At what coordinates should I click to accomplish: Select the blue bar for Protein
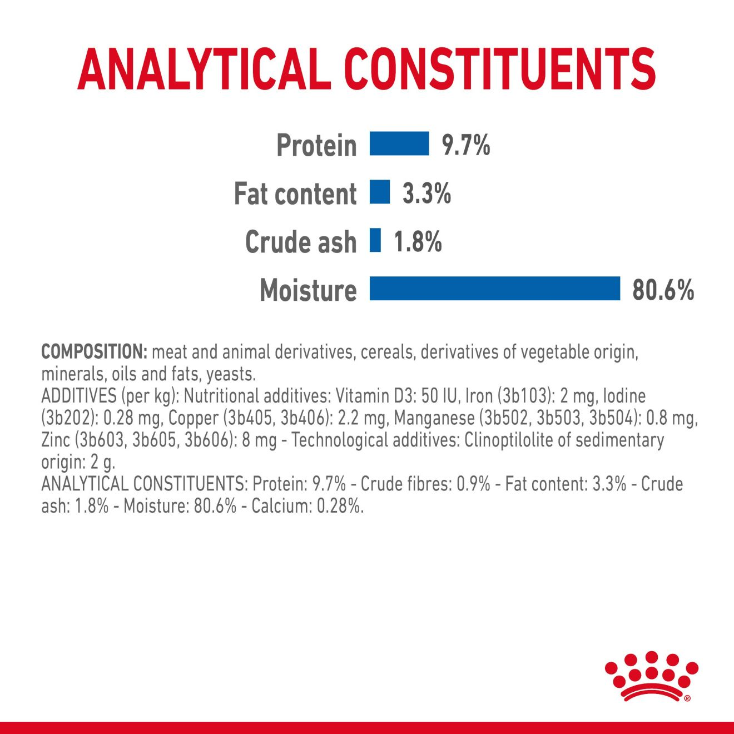(399, 144)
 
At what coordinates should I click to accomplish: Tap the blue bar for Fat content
(380, 192)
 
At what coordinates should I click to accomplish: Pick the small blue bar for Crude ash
(375, 240)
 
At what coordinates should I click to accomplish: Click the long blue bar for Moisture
(494, 289)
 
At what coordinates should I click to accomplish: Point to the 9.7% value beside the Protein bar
(465, 145)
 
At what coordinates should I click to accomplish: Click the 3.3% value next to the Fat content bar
(426, 194)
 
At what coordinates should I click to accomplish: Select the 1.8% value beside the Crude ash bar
(418, 242)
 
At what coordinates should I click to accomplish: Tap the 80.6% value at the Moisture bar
(663, 290)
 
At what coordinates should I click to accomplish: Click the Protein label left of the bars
(316, 146)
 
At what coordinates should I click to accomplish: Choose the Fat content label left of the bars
(295, 194)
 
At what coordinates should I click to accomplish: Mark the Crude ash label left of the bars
(301, 242)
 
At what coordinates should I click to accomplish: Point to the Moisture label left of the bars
(308, 290)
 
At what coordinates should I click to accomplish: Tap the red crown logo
(651, 675)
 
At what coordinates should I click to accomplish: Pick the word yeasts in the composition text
(230, 374)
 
